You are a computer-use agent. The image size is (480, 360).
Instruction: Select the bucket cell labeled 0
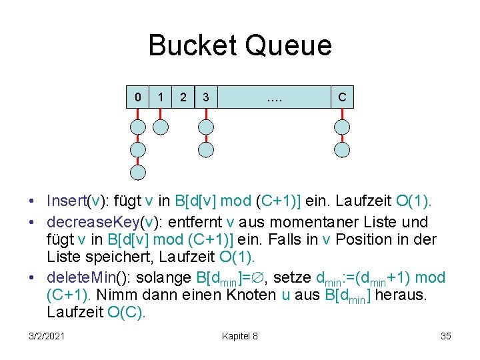coord(138,97)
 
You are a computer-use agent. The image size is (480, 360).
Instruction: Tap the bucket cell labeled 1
coord(160,97)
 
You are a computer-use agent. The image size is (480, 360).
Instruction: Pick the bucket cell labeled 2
coord(183,97)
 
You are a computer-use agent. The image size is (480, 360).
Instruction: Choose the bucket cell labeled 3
coord(206,97)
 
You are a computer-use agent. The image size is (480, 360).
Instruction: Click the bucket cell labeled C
coord(342,97)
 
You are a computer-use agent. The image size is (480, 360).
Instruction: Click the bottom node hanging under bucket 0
coord(138,173)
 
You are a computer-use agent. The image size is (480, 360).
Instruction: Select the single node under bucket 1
coord(160,127)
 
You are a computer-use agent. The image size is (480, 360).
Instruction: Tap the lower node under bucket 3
coord(206,150)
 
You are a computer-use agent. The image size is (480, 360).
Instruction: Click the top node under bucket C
coord(342,127)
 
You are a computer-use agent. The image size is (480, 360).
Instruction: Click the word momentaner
coord(315,221)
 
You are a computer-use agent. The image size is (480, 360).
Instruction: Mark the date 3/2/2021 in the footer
coord(47,336)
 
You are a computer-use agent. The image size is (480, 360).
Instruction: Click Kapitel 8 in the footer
coord(240,336)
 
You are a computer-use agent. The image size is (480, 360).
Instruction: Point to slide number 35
coord(446,336)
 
